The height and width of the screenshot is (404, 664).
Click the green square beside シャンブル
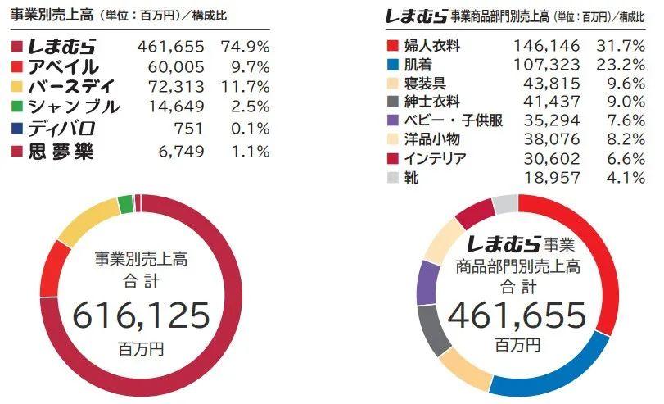pos(17,107)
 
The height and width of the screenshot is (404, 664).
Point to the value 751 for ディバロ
pos(190,129)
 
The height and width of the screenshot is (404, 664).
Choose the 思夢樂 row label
pos(61,151)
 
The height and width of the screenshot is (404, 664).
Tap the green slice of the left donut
pos(125,203)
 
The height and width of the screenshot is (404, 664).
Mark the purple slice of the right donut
pos(426,283)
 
